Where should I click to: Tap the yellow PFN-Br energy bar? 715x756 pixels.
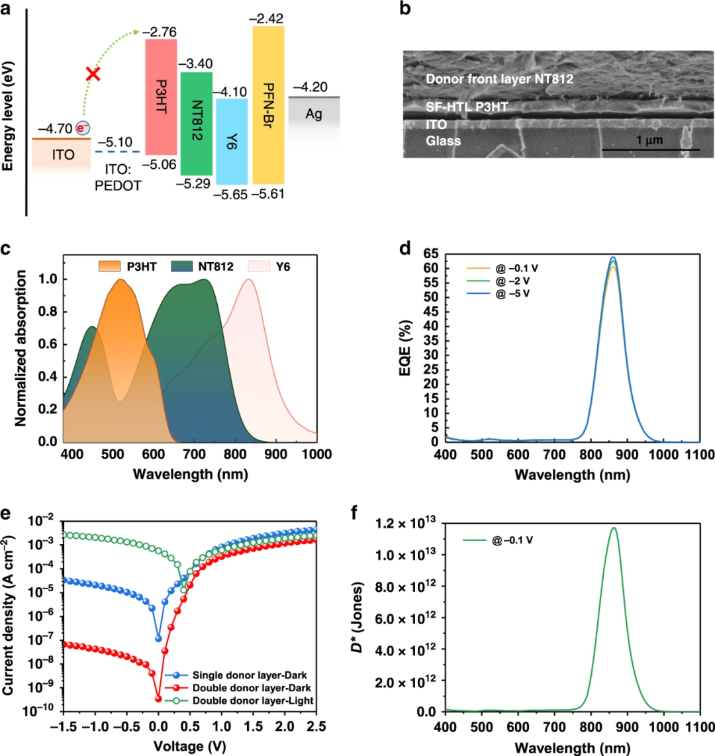tap(268, 105)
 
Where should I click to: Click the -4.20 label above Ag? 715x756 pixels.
tap(313, 87)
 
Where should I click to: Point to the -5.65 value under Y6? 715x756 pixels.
tap(230, 194)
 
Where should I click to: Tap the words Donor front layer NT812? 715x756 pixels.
tap(499, 79)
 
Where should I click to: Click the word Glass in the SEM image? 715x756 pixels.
tap(443, 140)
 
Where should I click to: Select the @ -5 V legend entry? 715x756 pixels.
tap(513, 293)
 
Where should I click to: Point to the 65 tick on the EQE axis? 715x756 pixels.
tap(432, 253)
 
